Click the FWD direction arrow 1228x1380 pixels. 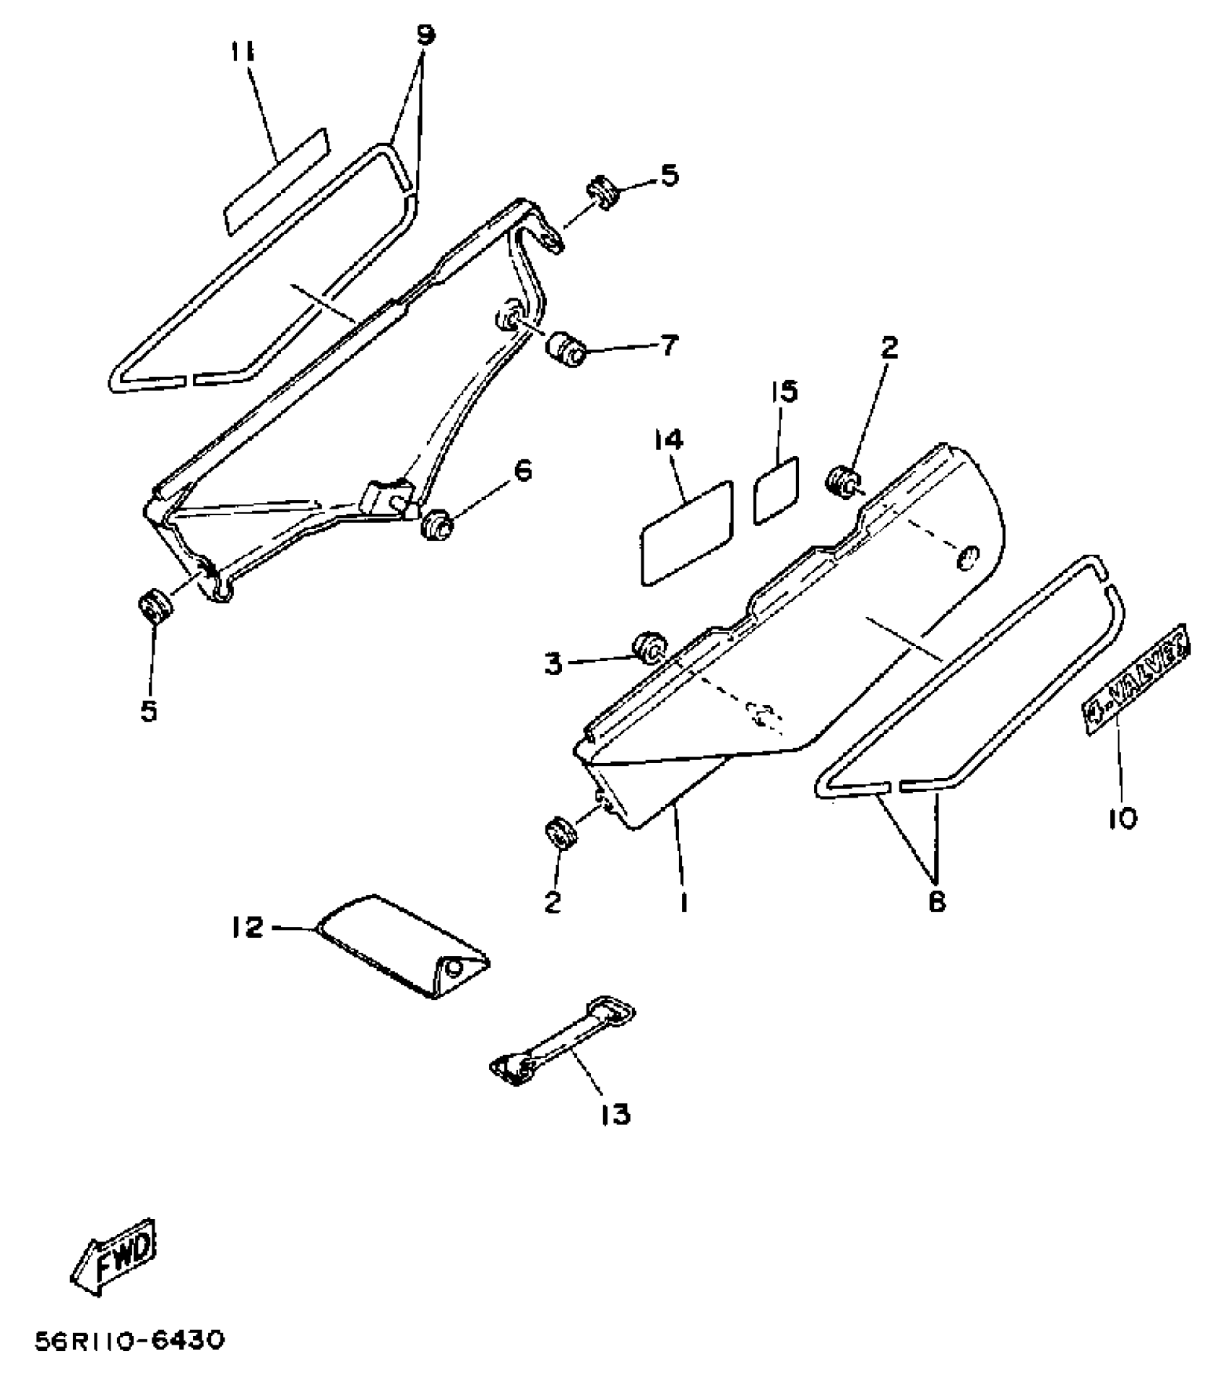coord(113,1255)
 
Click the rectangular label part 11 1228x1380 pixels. coord(274,182)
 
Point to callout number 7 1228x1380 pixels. coord(669,346)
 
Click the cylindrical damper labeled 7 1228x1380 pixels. coord(566,350)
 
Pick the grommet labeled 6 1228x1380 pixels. coord(436,523)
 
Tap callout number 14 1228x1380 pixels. coord(669,440)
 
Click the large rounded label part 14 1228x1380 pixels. coord(686,531)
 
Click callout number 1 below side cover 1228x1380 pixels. coord(683,902)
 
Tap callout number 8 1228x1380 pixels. coord(937,902)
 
